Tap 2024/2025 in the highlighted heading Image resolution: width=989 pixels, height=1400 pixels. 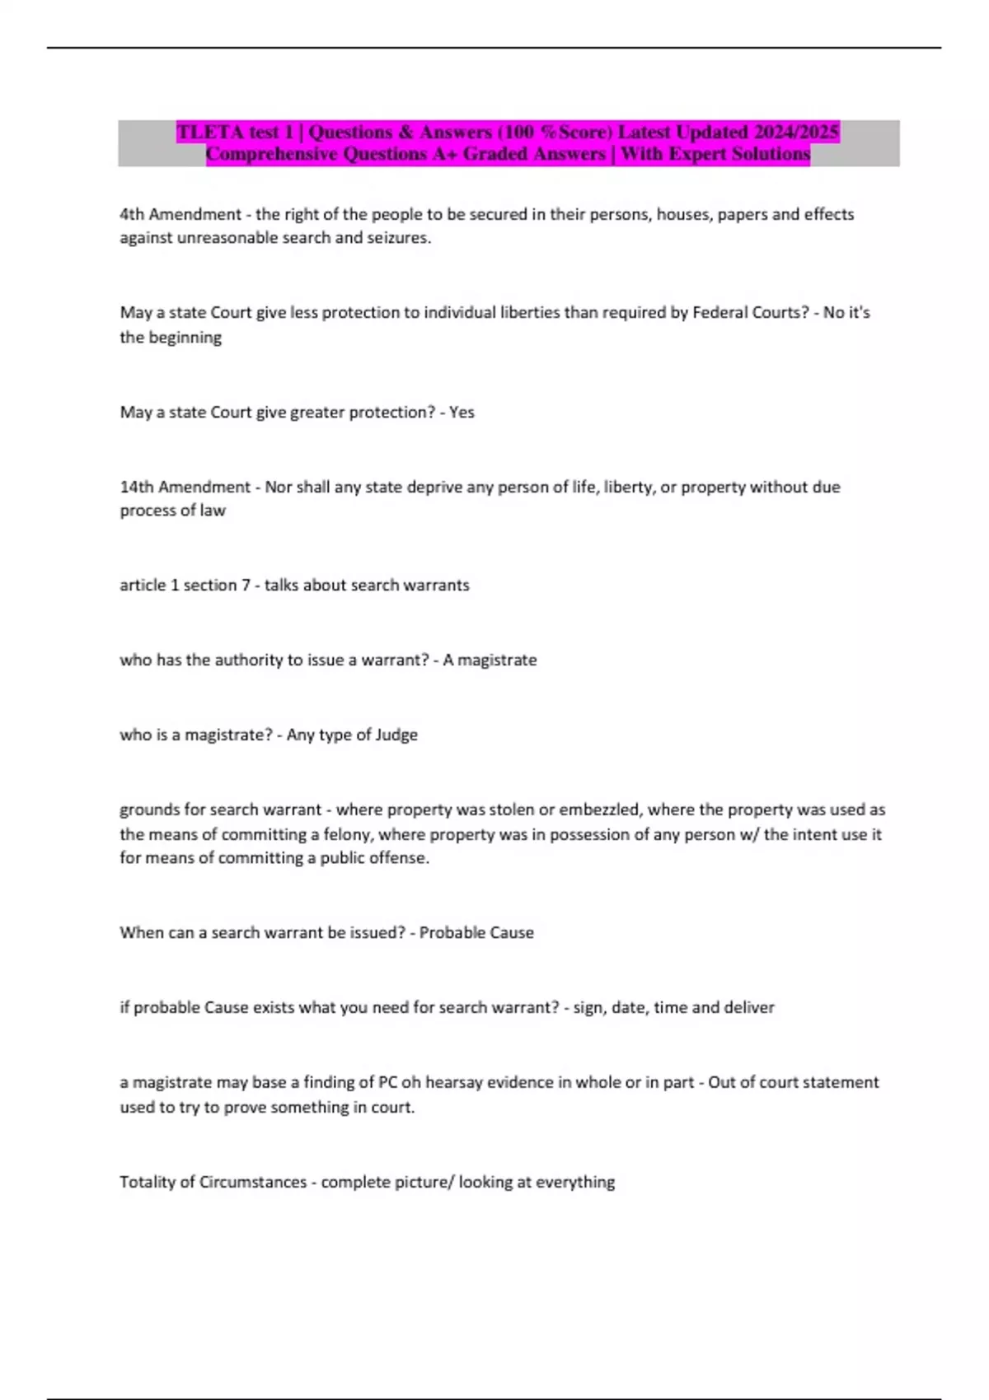pyautogui.click(x=796, y=132)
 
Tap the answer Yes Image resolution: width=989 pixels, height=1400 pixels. pyautogui.click(x=462, y=413)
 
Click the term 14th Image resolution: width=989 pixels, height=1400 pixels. pyautogui.click(x=136, y=487)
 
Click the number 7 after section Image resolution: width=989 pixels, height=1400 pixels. pyautogui.click(x=245, y=585)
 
